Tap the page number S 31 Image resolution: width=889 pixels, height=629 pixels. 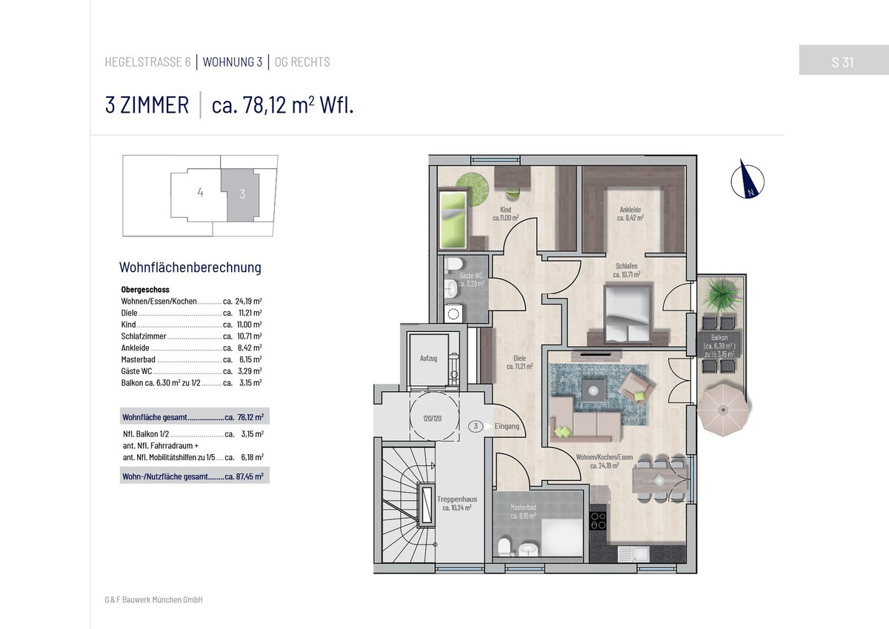click(842, 62)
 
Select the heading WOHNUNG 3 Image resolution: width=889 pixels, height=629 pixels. click(233, 62)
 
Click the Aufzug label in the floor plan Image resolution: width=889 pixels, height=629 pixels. click(428, 358)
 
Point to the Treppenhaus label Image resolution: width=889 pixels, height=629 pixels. click(457, 499)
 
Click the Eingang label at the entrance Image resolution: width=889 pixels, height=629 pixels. click(507, 426)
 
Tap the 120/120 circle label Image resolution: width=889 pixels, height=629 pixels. click(432, 419)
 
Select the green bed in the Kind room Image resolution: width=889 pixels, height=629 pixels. click(453, 219)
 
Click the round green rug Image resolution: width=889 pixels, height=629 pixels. click(473, 190)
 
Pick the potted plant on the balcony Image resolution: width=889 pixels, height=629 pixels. click(721, 293)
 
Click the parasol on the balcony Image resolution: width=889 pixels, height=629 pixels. click(723, 409)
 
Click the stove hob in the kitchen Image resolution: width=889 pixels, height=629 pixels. click(598, 521)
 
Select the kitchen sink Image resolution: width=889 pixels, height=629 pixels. click(633, 553)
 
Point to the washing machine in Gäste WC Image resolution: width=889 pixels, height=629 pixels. click(453, 314)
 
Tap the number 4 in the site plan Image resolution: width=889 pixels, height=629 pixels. click(201, 193)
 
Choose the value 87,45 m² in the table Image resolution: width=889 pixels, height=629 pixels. click(250, 476)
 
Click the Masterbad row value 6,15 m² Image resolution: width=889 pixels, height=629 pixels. click(250, 359)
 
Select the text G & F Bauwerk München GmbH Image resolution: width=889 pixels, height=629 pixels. click(153, 599)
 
